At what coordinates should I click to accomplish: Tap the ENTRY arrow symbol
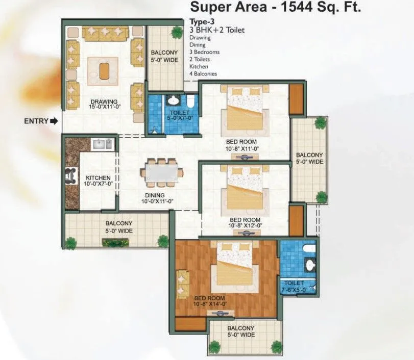(53, 121)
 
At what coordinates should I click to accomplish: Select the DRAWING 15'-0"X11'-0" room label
(104, 105)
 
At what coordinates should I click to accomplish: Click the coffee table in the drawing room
(104, 71)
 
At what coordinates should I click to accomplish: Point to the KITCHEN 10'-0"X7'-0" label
(98, 181)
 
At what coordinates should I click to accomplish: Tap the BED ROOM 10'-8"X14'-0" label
(210, 301)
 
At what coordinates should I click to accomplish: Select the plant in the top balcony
(177, 32)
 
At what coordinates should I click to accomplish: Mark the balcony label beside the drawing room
(164, 56)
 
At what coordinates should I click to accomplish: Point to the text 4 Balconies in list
(203, 74)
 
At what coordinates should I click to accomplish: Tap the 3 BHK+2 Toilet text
(216, 30)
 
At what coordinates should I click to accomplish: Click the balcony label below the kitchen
(118, 227)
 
